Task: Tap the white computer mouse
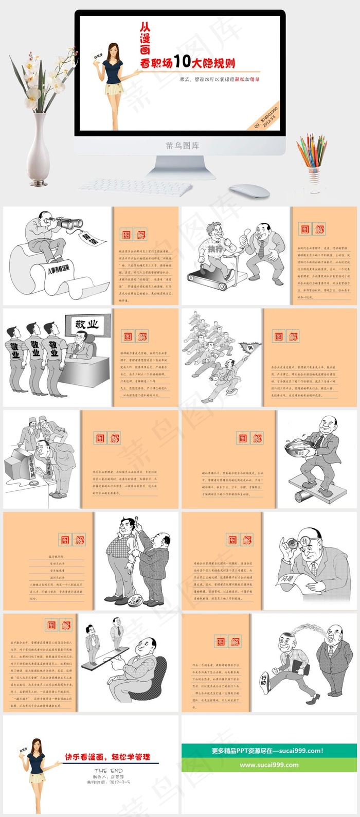pyautogui.click(x=249, y=191)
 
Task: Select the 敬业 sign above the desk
pyautogui.click(x=86, y=325)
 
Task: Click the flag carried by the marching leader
pyautogui.click(x=249, y=350)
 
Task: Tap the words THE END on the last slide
pyautogui.click(x=109, y=771)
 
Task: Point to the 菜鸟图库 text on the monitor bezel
pyautogui.click(x=182, y=146)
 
